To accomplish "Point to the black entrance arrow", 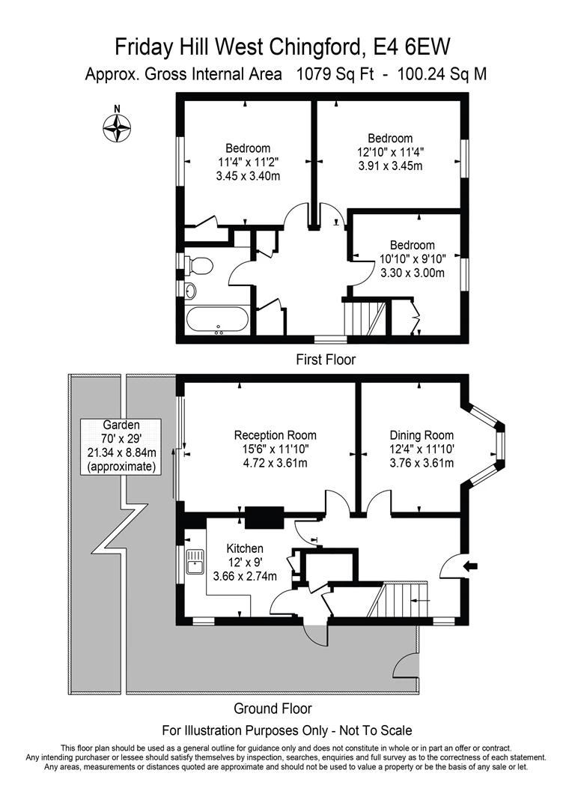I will [470, 566].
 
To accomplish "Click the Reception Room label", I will [275, 435].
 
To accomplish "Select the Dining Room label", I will [422, 435].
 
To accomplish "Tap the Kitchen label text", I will [245, 548].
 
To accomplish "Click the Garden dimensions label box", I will [121, 446].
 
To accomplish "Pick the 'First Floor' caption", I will [326, 360].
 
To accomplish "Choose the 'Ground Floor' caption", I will [273, 708].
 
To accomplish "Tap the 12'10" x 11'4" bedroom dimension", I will [390, 152].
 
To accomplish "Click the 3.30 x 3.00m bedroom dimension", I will [411, 273].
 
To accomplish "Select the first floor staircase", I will [364, 318].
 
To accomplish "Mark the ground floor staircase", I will [403, 602].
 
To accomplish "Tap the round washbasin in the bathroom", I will [191, 291].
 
